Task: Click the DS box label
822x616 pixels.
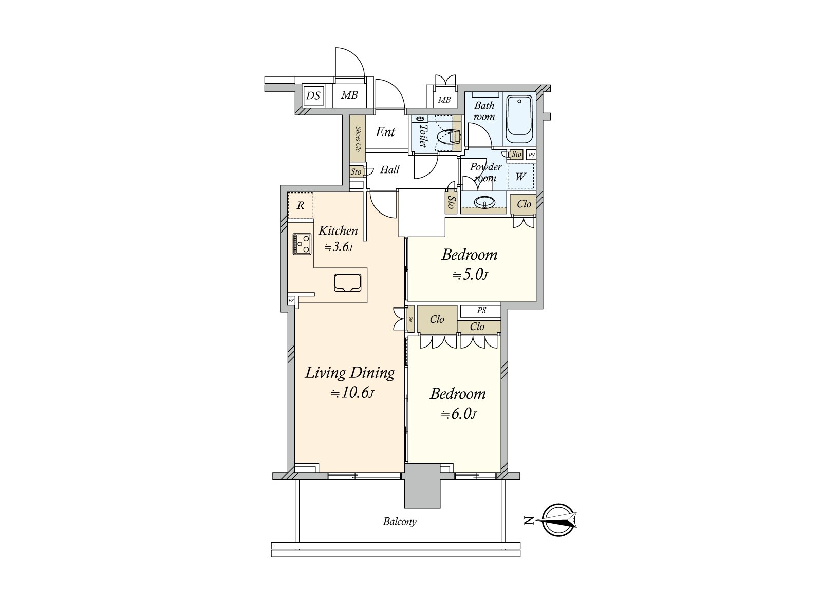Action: [313, 95]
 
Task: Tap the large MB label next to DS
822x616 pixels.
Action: [350, 95]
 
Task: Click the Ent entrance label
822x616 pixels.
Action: [385, 132]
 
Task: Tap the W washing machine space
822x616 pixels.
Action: [521, 177]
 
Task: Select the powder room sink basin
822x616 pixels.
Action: [484, 203]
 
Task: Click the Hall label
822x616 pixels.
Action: [389, 169]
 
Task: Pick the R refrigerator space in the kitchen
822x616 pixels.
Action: [301, 206]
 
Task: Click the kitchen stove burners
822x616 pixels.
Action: [302, 244]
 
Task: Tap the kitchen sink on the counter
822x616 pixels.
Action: [349, 283]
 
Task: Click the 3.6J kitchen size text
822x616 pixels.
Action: [339, 247]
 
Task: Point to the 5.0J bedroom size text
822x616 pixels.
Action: [470, 276]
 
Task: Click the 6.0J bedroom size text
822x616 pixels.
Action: [458, 414]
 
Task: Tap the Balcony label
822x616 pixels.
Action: [400, 522]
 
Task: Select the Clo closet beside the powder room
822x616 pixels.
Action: [524, 204]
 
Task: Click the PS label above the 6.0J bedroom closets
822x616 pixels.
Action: [481, 311]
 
